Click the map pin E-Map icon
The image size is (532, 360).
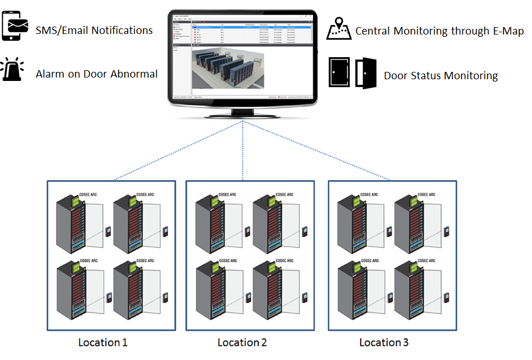click(x=339, y=29)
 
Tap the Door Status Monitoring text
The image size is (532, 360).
click(x=441, y=75)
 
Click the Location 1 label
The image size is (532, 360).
click(x=102, y=342)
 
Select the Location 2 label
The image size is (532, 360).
click(x=242, y=342)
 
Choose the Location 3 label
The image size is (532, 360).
click(x=384, y=342)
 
